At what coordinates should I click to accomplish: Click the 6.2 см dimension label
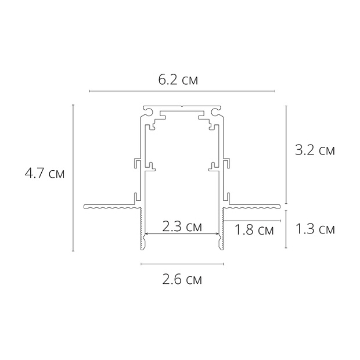pos(178,80)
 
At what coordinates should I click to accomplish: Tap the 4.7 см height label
pos(45,173)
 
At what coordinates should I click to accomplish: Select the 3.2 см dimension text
pos(315,150)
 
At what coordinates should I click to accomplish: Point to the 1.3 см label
pos(315,229)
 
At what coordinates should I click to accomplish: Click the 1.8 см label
pos(254,230)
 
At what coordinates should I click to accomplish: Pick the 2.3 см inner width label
pos(182,226)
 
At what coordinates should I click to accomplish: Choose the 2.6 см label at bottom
pos(182,280)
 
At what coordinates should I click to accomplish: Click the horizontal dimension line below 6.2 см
pos(182,91)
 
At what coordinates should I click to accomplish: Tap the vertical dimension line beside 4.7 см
pos(73,178)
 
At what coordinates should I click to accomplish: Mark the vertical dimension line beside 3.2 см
pos(286,155)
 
